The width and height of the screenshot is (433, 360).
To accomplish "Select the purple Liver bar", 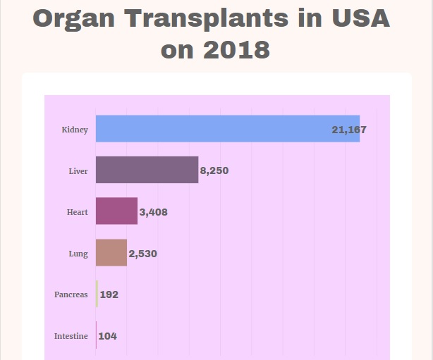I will (x=147, y=170).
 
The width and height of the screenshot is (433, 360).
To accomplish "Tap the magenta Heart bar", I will (x=116, y=211).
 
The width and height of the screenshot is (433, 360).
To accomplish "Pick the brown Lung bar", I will (x=111, y=253).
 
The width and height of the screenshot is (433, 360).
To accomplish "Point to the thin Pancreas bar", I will (x=97, y=294).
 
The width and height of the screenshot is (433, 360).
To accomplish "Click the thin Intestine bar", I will (x=97, y=336).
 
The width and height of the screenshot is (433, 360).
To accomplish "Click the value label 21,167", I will (x=348, y=130).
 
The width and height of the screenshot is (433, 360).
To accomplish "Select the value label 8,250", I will (x=214, y=171).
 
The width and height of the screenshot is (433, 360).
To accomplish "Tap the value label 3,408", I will (x=154, y=212).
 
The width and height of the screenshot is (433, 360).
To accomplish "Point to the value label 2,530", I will (x=143, y=254).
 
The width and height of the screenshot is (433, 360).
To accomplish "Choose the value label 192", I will (x=109, y=294).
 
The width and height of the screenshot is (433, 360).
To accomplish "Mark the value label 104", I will (x=108, y=336).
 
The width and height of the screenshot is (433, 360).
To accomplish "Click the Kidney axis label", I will (x=75, y=130).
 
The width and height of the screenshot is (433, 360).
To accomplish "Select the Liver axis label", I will (x=78, y=171).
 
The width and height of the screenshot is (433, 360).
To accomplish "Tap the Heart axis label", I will (x=78, y=212).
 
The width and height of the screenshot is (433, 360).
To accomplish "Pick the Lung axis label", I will (x=78, y=254).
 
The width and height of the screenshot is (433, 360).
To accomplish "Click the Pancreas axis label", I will (x=71, y=294).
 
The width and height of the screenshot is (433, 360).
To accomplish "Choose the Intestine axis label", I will (x=71, y=336).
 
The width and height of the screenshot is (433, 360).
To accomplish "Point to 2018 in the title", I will (x=237, y=50).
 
